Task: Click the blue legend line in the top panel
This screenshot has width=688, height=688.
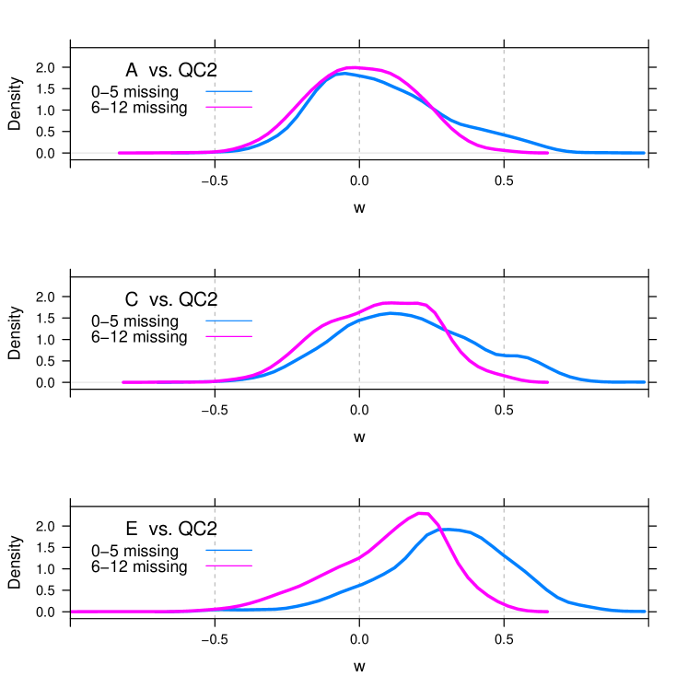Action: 228,91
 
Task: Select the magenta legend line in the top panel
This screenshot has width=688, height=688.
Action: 228,107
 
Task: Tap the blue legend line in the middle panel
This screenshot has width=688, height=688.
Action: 228,321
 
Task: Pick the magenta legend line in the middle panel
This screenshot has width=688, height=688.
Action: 228,336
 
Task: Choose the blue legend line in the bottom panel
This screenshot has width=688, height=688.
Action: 228,550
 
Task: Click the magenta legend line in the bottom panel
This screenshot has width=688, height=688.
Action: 228,566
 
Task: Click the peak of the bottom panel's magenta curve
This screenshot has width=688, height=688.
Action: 423,513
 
